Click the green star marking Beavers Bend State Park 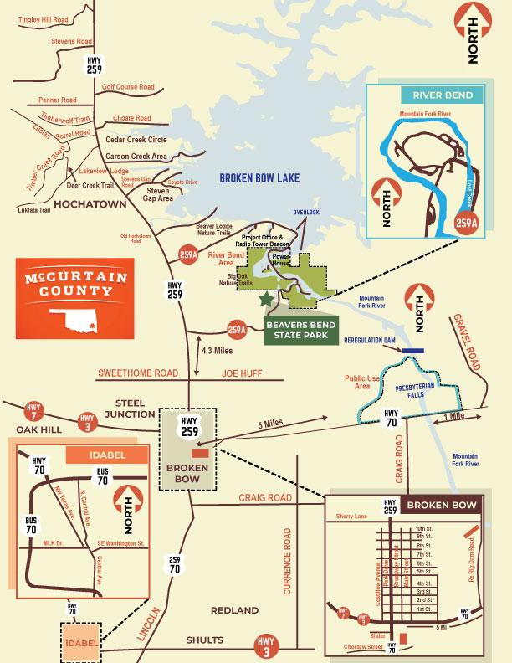266,298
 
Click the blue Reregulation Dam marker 412,350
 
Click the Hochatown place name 89,203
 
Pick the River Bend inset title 436,95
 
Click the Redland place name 235,611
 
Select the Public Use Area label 362,383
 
